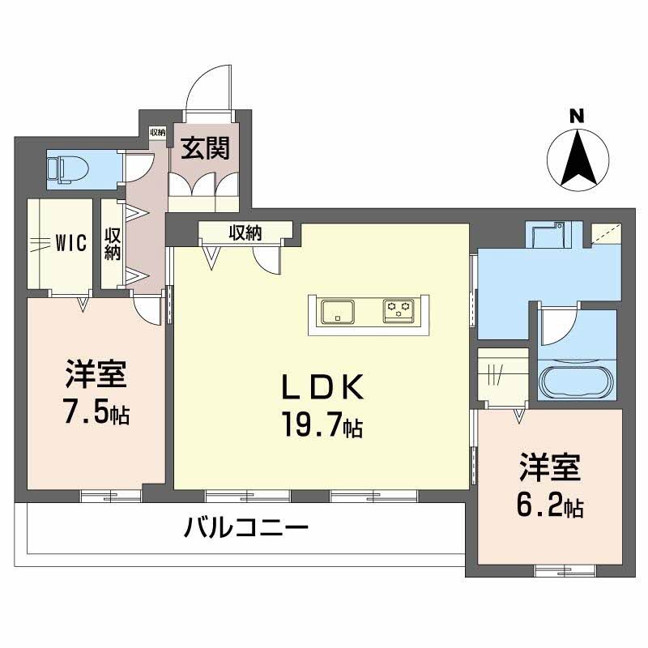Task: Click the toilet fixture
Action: [x=69, y=169]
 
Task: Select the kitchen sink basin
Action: [x=338, y=312]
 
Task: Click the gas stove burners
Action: [x=399, y=311]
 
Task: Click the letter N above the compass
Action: [x=577, y=116]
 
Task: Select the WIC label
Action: [x=71, y=242]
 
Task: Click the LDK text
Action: [x=322, y=386]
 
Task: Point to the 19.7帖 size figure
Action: [x=322, y=425]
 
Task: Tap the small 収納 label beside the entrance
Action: [x=157, y=132]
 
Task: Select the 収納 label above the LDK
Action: [x=245, y=233]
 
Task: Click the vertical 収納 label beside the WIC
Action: [x=112, y=244]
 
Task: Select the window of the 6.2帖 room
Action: [x=565, y=571]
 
